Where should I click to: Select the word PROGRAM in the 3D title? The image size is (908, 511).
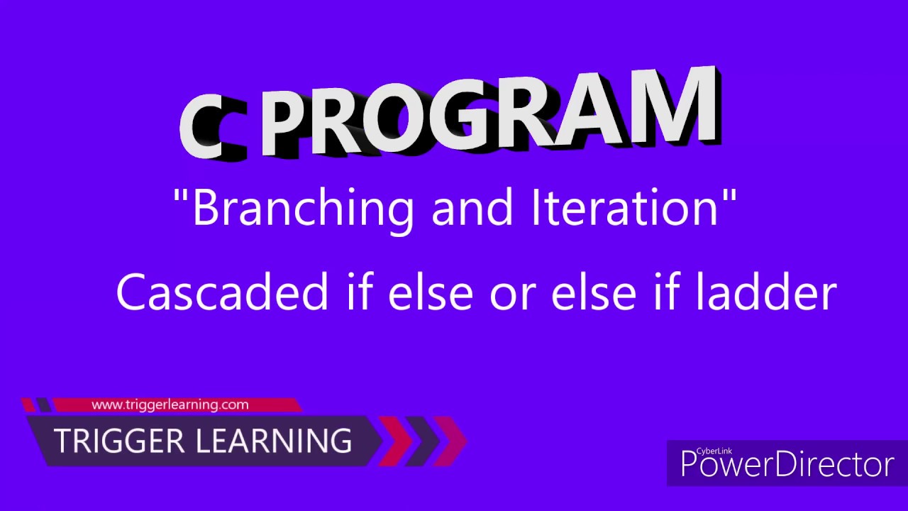(x=489, y=114)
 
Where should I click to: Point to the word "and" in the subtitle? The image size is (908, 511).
(x=472, y=207)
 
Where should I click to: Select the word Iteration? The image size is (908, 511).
(x=624, y=207)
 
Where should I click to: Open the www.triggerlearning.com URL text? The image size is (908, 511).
(x=170, y=405)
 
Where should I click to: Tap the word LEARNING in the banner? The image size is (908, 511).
(x=273, y=441)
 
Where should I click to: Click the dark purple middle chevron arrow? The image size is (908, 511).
(x=423, y=441)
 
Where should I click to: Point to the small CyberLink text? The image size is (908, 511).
(x=712, y=450)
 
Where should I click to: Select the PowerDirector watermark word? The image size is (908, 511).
(x=787, y=465)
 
